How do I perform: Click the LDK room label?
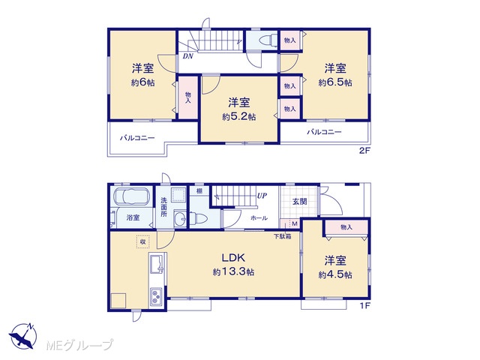click(x=233, y=257)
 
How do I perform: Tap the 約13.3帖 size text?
click(x=233, y=271)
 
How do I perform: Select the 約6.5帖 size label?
click(x=335, y=82)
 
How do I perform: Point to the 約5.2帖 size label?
click(x=239, y=117)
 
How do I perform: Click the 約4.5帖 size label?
click(x=335, y=274)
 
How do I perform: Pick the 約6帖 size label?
click(x=143, y=82)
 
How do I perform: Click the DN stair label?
click(x=187, y=56)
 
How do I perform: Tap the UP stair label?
click(x=262, y=195)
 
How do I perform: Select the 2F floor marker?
click(x=365, y=151)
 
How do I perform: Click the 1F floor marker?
click(x=365, y=305)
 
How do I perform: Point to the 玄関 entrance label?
click(x=299, y=202)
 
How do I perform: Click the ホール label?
click(x=259, y=218)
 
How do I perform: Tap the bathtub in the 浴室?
click(x=131, y=196)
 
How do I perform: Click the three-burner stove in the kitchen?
click(x=157, y=296)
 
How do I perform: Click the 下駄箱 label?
click(x=282, y=236)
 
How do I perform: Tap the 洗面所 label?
click(x=163, y=207)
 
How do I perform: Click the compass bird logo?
click(x=23, y=336)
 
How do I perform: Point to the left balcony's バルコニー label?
click(x=137, y=138)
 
